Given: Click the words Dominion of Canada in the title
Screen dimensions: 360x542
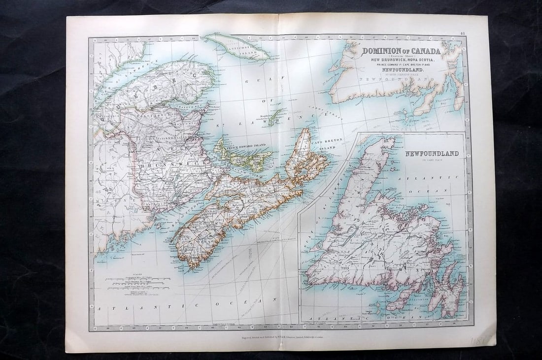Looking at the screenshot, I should click(402, 51).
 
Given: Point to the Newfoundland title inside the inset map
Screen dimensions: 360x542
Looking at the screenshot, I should click(432, 154).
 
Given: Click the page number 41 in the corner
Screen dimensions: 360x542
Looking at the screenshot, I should click(462, 33).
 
